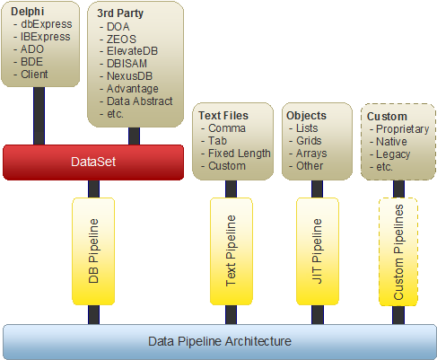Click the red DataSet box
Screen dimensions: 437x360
point(93,162)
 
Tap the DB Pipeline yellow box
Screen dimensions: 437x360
point(93,251)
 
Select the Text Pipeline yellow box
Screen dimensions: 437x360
point(232,251)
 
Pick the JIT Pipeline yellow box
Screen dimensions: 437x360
point(318,251)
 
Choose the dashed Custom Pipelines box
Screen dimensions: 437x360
point(398,251)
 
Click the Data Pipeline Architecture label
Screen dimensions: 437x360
point(220,341)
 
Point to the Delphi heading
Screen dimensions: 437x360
point(28,12)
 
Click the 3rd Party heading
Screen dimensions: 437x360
point(120,13)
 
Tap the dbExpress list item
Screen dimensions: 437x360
point(47,24)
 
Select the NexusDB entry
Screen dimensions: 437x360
point(129,76)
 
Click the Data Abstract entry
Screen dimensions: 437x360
point(140,101)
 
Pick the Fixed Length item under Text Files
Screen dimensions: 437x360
point(240,154)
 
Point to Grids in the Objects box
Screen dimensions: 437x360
point(309,141)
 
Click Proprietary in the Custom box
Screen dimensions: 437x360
point(403,129)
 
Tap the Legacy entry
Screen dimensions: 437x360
point(393,154)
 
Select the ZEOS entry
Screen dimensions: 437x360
point(121,40)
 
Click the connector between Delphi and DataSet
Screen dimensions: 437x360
point(39,116)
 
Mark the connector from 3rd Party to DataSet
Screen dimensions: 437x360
point(134,136)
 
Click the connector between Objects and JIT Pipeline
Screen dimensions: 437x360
point(317,189)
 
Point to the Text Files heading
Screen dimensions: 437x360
point(223,116)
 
